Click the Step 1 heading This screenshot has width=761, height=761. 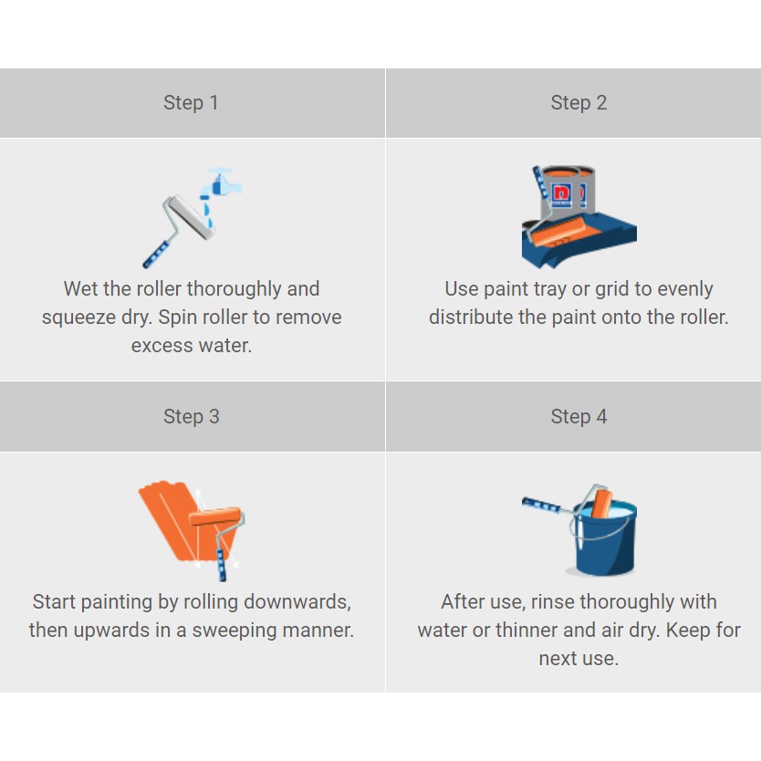click(191, 103)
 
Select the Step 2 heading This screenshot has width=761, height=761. click(579, 103)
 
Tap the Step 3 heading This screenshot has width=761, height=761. click(192, 416)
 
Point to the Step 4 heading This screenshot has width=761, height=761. click(579, 416)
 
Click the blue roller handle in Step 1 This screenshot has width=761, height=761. click(156, 255)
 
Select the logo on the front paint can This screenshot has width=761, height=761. click(562, 194)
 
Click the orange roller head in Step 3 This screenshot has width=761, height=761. click(215, 516)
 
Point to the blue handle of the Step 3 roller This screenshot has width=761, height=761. click(221, 565)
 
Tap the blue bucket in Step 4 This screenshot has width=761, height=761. click(605, 538)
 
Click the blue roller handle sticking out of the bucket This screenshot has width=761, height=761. click(541, 505)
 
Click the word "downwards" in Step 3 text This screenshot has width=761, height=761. click(297, 602)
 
